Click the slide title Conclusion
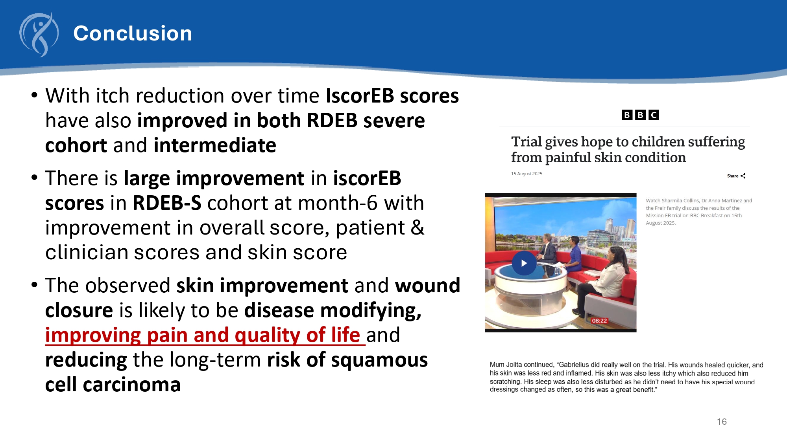[133, 33]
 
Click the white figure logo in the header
[39, 35]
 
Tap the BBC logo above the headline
[640, 115]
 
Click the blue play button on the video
[524, 263]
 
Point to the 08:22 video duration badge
[599, 321]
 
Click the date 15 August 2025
[527, 174]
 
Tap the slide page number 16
[722, 422]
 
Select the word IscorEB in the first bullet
[360, 96]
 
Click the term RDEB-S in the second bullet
[167, 203]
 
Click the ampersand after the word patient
[418, 228]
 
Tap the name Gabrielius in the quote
[578, 365]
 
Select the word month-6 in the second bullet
[326, 203]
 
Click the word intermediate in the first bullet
[215, 145]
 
